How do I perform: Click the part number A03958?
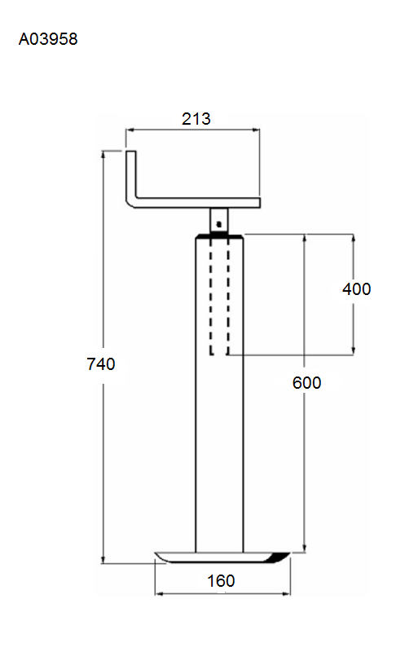point(48,39)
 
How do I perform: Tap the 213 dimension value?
point(196,119)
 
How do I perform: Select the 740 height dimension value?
point(101,364)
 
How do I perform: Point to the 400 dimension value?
point(357,288)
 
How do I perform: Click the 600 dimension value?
point(306,382)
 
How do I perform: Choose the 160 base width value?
point(221,580)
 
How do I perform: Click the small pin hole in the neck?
point(218,223)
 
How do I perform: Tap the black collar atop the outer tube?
point(219,236)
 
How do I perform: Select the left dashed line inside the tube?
point(211,297)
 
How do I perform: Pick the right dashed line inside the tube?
point(227,297)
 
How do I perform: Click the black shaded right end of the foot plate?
point(279,557)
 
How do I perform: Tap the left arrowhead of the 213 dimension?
point(130,130)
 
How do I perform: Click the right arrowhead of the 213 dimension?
point(255,130)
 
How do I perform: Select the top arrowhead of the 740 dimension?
point(103,155)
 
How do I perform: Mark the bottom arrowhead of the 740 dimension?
point(103,559)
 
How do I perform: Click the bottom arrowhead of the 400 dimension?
point(354,350)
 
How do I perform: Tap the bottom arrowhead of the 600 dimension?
point(305,548)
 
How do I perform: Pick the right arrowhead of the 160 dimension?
point(286,593)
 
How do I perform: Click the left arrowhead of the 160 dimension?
point(160,593)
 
